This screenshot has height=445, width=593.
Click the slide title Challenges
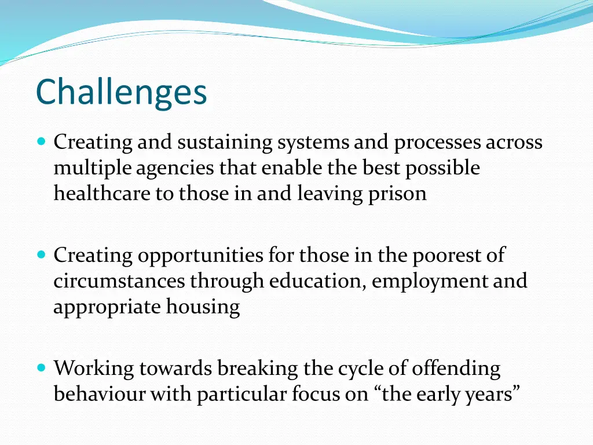pos(121,92)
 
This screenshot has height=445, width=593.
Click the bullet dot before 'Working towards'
pos(41,367)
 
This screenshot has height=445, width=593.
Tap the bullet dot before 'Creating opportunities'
pos(41,254)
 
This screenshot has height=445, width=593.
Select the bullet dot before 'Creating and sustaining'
pos(41,141)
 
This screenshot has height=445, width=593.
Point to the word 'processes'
pos(438,143)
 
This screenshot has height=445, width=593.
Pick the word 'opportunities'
pos(201,256)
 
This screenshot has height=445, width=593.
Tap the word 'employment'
pos(430,282)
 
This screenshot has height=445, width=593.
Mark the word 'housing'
pos(203,307)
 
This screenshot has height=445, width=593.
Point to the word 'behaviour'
pos(100,394)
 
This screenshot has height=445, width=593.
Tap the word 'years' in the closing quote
pos(495,395)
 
